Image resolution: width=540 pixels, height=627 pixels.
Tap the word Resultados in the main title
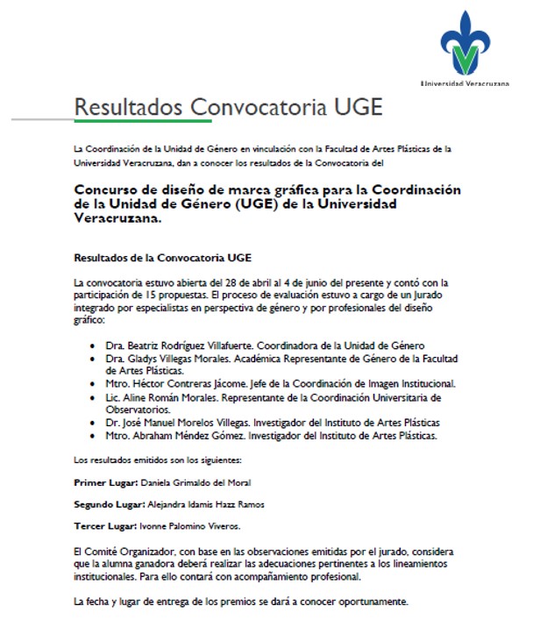point(128,107)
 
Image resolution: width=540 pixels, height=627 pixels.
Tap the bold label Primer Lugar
point(103,482)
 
